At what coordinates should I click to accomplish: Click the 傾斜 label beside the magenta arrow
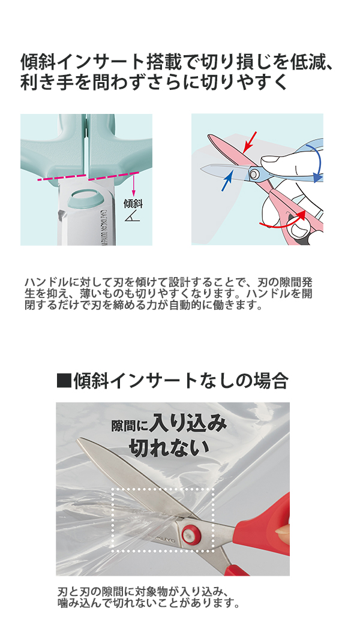133,203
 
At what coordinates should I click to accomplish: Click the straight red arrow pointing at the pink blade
250,142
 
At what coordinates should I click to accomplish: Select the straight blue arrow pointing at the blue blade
227,180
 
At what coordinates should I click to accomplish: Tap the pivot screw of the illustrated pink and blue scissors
254,173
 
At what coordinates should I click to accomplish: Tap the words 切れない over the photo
169,447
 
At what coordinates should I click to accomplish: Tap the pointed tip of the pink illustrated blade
209,136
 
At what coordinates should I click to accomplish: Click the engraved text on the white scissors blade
103,225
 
